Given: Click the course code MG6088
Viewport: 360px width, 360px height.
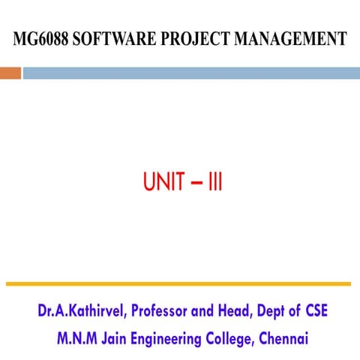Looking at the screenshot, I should coord(38,39).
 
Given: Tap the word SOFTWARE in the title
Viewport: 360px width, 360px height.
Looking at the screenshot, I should coord(105,39).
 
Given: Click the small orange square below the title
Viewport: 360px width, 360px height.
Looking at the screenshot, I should coord(10,73).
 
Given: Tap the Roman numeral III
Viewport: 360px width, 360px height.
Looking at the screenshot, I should coord(214,182).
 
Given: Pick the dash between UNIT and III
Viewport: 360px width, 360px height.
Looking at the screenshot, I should coord(193,183).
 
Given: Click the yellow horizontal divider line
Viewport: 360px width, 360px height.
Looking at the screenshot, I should coord(178,283).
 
